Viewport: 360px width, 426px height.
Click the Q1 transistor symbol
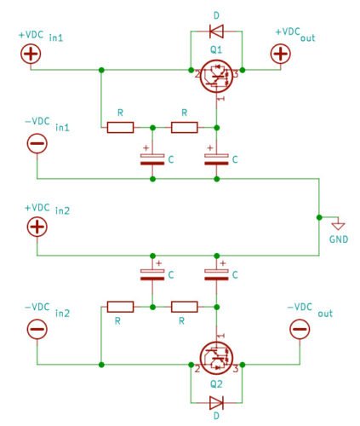click(x=216, y=76)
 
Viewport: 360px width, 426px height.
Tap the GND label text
click(x=339, y=239)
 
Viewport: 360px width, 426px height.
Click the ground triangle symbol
click(x=339, y=227)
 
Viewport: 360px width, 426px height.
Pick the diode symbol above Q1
click(x=216, y=31)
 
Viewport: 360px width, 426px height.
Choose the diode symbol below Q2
click(x=216, y=403)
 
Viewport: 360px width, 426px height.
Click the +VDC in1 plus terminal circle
click(x=31, y=54)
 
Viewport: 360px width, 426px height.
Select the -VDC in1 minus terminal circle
click(x=37, y=143)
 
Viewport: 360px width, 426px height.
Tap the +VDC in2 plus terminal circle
click(x=37, y=227)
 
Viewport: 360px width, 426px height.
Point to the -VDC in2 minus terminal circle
click(x=37, y=329)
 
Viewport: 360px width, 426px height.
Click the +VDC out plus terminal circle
click(x=281, y=54)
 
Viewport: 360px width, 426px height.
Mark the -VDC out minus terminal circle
click(x=300, y=329)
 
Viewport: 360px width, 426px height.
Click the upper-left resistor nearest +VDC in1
click(x=120, y=128)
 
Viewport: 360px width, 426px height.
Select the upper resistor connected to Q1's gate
click(x=185, y=128)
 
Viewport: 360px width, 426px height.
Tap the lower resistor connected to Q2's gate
click(x=185, y=307)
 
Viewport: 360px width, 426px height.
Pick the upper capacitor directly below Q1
click(x=216, y=159)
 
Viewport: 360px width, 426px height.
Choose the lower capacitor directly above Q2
click(x=216, y=275)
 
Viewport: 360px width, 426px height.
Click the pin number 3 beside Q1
click(x=236, y=75)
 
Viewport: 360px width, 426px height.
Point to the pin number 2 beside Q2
click(x=197, y=369)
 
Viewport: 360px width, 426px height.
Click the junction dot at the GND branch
click(x=319, y=217)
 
